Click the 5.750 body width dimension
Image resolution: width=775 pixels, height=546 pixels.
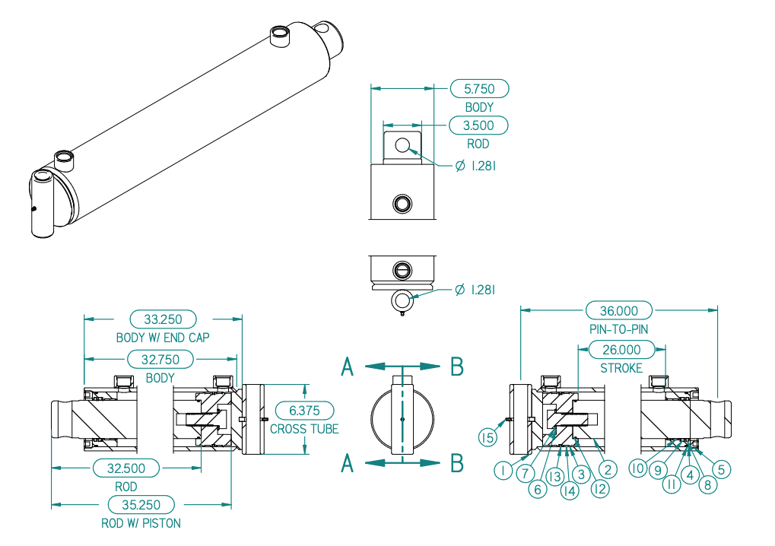(x=479, y=89)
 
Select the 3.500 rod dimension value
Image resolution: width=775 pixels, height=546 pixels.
(x=478, y=125)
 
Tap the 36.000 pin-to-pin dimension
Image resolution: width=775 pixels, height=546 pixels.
(x=619, y=311)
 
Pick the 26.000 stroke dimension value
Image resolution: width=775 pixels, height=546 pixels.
(x=621, y=350)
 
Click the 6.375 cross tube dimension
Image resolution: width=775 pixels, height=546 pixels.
(x=304, y=411)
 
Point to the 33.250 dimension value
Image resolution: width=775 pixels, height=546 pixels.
(x=163, y=319)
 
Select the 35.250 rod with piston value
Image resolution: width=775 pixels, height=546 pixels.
(x=141, y=505)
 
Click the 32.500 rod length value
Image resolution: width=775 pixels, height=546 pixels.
(x=126, y=468)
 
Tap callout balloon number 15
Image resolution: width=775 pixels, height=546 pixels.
(x=488, y=437)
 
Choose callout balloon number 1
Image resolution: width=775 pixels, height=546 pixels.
(x=503, y=470)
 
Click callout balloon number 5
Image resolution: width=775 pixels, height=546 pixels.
(x=721, y=469)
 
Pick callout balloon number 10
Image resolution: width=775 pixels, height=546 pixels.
(x=638, y=468)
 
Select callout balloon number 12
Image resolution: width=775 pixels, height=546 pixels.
(x=600, y=489)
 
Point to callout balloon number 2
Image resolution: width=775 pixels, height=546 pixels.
(x=608, y=470)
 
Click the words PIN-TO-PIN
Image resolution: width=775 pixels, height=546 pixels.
(x=619, y=329)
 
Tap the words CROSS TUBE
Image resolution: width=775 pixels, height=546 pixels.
(x=304, y=430)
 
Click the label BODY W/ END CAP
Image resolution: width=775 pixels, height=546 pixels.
(x=163, y=338)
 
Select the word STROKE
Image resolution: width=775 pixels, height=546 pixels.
(x=621, y=369)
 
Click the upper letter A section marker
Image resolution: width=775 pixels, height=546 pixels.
(x=348, y=367)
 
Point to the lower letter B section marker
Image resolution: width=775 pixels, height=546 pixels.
(x=457, y=463)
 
